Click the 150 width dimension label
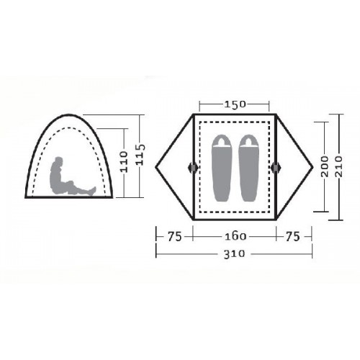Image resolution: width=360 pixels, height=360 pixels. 235,104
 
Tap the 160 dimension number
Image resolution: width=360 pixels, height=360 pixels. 235,237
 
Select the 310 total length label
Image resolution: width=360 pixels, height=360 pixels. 234,254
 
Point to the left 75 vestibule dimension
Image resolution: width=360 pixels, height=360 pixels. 174,237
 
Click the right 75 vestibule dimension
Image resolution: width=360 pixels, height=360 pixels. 293,236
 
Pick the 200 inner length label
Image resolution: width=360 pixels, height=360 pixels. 325,166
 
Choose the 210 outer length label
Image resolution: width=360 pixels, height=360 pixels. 339,166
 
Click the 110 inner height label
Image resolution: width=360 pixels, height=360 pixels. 124,161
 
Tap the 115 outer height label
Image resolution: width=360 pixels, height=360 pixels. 140,155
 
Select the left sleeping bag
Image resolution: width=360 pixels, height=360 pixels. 221,168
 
